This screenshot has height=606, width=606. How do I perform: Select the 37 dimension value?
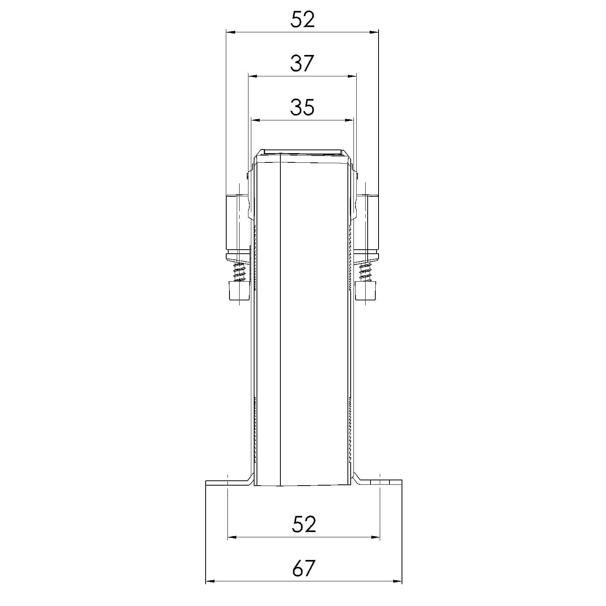(302, 63)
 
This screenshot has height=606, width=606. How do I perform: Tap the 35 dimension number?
(302, 107)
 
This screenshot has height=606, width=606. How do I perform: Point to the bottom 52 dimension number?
(303, 524)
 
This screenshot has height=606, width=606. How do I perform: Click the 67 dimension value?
(303, 568)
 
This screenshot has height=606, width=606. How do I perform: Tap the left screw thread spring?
(240, 271)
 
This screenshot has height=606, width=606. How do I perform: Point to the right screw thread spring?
(366, 271)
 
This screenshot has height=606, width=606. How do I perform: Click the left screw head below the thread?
(239, 291)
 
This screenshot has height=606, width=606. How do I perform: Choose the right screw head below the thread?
(366, 291)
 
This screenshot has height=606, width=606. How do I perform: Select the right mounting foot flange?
(380, 483)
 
